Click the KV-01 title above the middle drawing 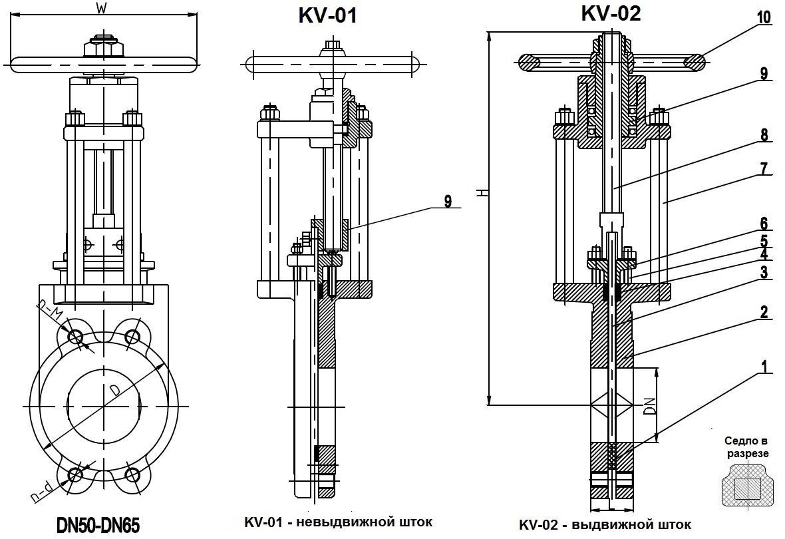tap(327, 15)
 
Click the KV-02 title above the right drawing tap(611, 13)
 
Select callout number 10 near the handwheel tap(764, 17)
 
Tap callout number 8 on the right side tap(764, 135)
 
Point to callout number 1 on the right tap(764, 365)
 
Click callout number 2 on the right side tap(764, 311)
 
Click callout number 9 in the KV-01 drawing tap(448, 201)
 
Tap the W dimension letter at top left tap(101, 8)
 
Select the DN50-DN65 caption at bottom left tap(98, 526)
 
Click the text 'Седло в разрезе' tap(746, 447)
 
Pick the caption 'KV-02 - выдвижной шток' tap(604, 524)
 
